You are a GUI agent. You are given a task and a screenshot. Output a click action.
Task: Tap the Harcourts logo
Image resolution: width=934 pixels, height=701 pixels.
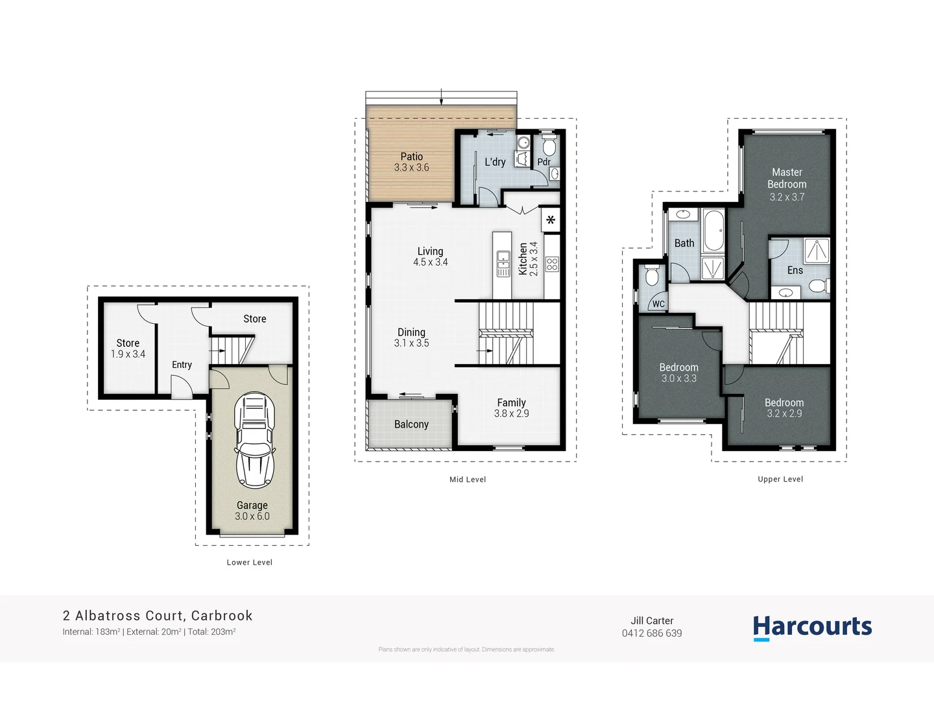[x=812, y=627]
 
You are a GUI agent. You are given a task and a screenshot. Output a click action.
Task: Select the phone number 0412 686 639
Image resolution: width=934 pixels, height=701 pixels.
[x=652, y=633]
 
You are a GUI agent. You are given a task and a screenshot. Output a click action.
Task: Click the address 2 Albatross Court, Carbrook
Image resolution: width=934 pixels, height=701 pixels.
[x=158, y=615]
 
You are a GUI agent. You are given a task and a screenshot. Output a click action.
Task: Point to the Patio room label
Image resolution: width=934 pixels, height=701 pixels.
[x=411, y=156]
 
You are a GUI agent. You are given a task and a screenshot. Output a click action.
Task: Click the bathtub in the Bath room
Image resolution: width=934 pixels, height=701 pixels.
[x=713, y=230]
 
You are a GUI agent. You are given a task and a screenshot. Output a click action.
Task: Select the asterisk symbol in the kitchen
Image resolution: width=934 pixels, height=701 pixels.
[x=551, y=220]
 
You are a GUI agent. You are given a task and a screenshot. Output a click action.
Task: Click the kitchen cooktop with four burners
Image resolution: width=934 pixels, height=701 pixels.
[x=552, y=264]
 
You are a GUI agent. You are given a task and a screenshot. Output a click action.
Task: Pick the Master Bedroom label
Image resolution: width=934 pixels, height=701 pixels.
[x=787, y=178]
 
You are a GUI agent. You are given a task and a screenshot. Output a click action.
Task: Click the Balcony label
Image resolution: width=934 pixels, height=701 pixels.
[x=411, y=424]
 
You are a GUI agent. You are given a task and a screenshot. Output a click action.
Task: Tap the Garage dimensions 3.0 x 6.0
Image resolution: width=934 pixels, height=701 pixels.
[x=252, y=517]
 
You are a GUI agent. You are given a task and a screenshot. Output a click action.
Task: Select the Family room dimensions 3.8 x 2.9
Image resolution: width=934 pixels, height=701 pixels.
[x=511, y=413]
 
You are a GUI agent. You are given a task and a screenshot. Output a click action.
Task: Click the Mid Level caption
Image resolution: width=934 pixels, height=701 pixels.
[x=468, y=480]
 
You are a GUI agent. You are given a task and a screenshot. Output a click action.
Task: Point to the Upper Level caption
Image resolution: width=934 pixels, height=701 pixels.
[x=780, y=480]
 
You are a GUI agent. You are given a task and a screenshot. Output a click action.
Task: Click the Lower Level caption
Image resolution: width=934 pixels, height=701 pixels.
[x=250, y=563]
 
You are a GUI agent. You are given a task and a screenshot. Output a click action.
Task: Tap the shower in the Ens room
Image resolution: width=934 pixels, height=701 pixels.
[x=817, y=251]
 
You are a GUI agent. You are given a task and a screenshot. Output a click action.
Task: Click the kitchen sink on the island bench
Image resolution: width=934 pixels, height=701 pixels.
[x=503, y=263]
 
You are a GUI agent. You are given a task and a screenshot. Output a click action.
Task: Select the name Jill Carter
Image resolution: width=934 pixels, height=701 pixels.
[x=652, y=621]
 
